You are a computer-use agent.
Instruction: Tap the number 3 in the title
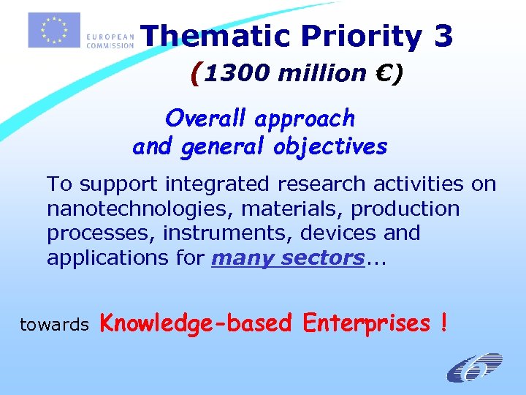pos(442,37)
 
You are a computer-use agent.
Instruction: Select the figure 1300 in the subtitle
pos(233,73)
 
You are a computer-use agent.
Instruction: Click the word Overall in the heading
pos(206,117)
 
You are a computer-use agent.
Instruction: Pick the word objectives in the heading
pos(330,146)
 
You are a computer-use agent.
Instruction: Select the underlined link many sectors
pos(288,257)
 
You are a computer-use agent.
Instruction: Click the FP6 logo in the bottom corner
pos(475,368)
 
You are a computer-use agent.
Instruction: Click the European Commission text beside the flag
pos(110,39)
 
